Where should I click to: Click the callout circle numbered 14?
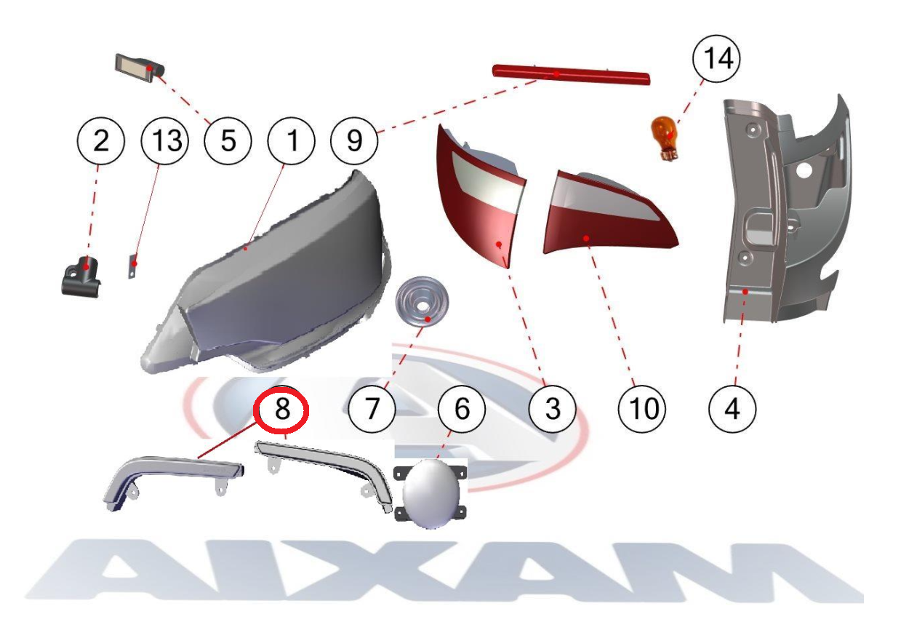pos(716,59)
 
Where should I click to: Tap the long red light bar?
pos(571,75)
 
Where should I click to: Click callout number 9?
pos(354,141)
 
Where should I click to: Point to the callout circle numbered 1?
pos(291,141)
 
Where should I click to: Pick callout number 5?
pos(228,141)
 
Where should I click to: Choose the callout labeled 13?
pos(165,141)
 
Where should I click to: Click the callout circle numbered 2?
pos(101,141)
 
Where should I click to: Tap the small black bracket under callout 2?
pos(81,277)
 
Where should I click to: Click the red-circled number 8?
pos(281,409)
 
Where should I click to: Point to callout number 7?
pos(372,409)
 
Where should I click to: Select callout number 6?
pos(462,409)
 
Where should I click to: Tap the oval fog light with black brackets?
pos(431,493)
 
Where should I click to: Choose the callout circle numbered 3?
pos(552,409)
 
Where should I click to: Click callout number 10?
pos(642,409)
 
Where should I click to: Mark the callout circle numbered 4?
pos(732,409)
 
